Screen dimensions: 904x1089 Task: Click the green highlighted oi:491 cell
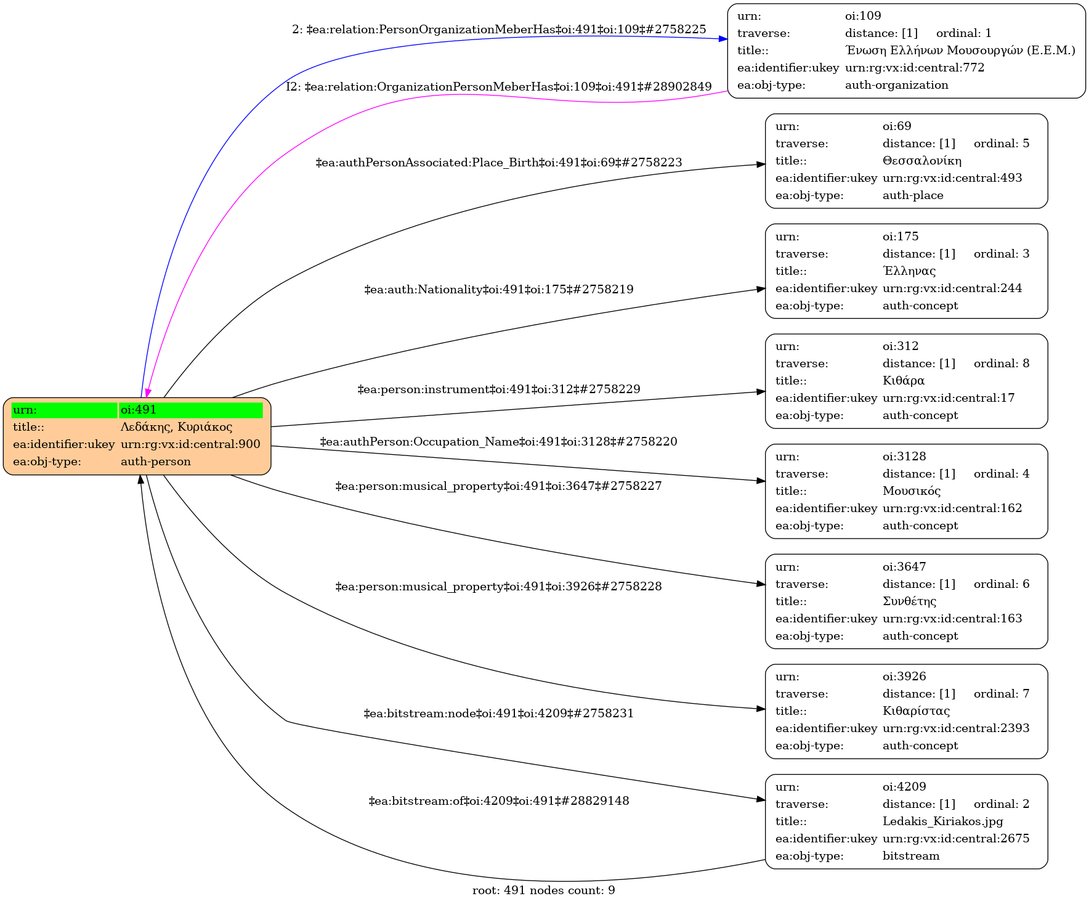191,410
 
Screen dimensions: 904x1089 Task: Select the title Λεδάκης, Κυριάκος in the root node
176,427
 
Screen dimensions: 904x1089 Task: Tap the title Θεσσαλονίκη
921,161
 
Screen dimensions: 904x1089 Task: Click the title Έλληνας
909,271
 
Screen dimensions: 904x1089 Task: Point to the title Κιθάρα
903,381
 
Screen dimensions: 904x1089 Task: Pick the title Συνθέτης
909,601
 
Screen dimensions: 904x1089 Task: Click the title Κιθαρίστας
916,711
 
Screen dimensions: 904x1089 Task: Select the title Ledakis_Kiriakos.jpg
942,821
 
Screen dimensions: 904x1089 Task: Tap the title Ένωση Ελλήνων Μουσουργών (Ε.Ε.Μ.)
960,51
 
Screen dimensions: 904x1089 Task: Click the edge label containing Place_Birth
498,163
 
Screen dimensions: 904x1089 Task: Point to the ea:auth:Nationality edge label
498,290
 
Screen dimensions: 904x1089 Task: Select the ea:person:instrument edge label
498,389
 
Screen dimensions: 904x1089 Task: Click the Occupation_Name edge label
498,442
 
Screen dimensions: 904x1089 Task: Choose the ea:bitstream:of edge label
498,801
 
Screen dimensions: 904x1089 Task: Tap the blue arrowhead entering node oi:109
723,39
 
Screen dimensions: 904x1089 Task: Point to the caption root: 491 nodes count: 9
543,890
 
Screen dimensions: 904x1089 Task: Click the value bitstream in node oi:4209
910,856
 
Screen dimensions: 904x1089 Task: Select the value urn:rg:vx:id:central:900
190,444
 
